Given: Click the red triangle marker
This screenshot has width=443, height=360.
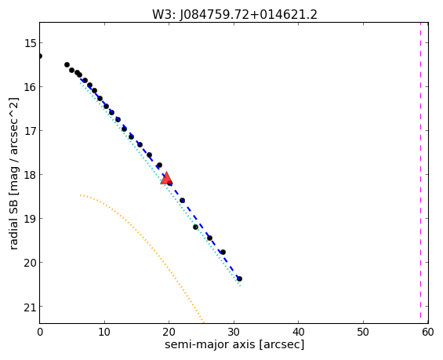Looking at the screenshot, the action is [166, 178].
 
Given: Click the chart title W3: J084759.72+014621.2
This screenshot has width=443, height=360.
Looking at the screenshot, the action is [234, 14].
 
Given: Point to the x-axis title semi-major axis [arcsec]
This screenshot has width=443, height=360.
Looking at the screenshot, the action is [234, 345].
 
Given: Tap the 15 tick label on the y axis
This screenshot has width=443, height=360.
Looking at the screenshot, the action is [30, 43].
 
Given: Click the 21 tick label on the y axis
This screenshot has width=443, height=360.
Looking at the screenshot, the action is [30, 307].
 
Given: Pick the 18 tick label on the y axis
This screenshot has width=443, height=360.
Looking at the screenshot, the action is [30, 175].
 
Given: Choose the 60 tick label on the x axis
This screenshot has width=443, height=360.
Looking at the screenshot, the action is [428, 333].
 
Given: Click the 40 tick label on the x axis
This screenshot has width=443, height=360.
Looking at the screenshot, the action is [299, 333].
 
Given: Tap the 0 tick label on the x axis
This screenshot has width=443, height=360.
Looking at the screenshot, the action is [40, 333].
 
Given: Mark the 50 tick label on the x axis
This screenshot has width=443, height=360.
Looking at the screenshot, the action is [363, 333].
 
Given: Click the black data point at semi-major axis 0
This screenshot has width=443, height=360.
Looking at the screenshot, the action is [40, 56].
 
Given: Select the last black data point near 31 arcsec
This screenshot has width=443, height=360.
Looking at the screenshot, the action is [239, 278].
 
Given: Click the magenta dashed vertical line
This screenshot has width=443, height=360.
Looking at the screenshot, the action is [420, 173].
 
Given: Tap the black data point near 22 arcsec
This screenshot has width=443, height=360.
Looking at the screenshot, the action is [182, 200].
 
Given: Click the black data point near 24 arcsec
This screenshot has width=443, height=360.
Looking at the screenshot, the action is [195, 227].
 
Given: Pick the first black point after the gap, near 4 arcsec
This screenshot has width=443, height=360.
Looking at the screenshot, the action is [67, 65].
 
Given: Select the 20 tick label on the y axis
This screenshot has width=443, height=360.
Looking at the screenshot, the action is [30, 263].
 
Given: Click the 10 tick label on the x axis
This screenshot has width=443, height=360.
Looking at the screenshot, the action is [104, 333].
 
